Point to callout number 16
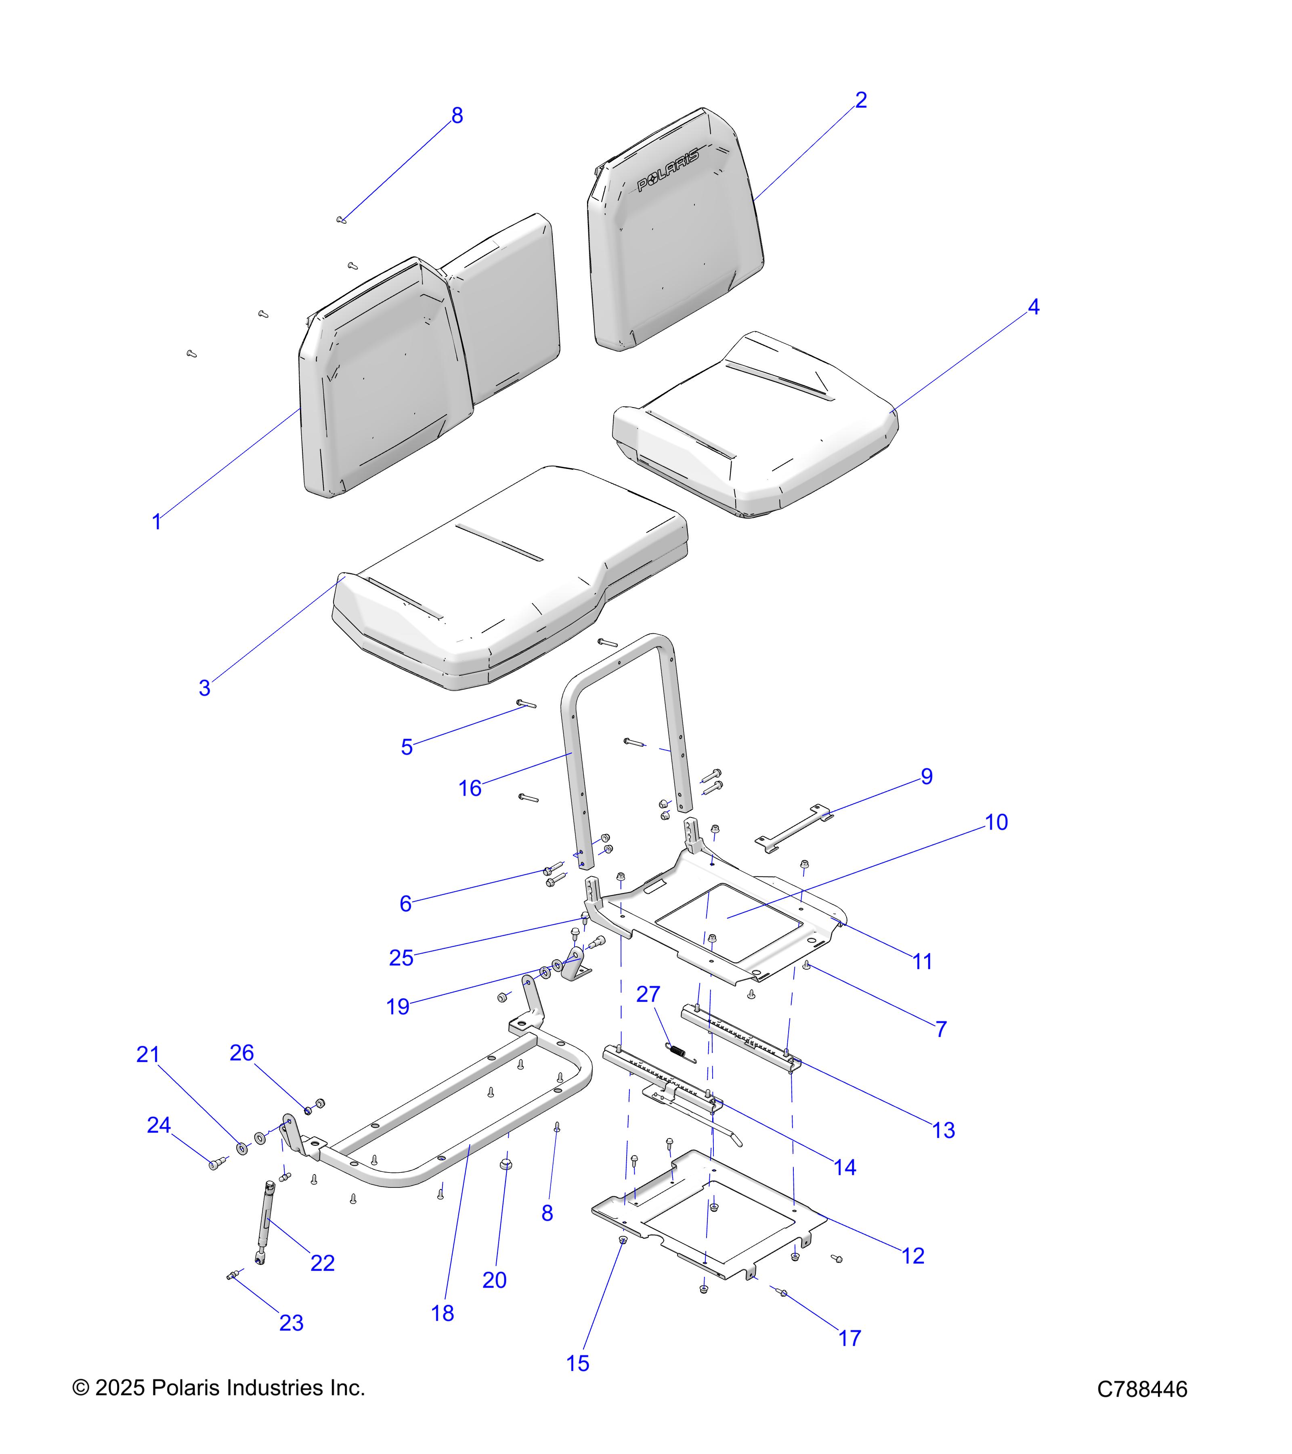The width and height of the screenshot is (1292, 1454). point(470,788)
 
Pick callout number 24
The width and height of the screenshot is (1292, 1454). point(159,1125)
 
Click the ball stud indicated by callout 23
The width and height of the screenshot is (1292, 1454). point(232,1277)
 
